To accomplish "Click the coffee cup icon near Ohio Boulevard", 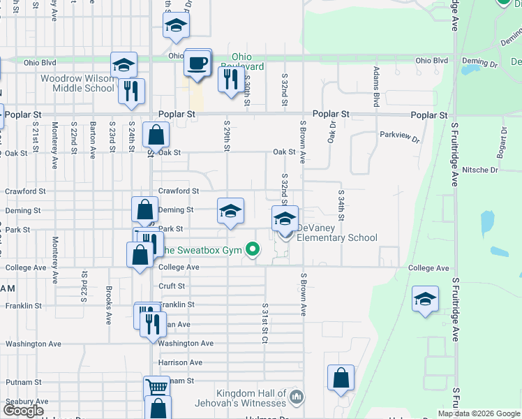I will point(197,64).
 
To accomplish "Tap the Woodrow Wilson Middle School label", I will point(77,83).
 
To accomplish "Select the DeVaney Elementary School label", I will point(337,233).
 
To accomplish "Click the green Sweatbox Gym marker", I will point(255,249).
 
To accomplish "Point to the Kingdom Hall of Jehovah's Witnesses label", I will point(251,399).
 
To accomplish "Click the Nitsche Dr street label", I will point(479,170).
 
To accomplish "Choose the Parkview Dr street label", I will point(399,137).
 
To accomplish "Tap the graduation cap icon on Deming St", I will point(230,211).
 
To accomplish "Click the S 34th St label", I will point(341,203).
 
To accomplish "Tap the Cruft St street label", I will point(172,286).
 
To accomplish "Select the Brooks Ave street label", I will point(109,306).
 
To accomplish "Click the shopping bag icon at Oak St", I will point(156,135).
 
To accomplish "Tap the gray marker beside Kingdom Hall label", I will point(297,397).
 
